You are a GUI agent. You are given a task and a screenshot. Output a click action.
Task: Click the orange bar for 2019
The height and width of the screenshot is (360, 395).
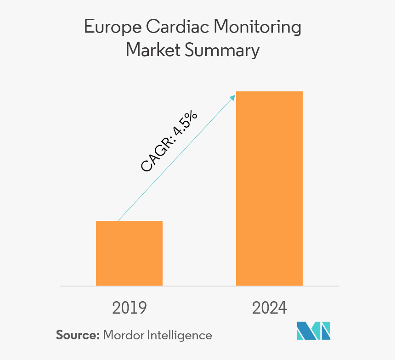pos(129,253)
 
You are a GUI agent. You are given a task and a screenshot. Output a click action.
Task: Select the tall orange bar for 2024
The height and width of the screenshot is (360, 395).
pos(269,188)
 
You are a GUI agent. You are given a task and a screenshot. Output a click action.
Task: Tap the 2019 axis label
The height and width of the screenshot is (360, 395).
pos(129,308)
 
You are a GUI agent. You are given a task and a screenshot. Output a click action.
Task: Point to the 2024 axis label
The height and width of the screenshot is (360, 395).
pos(269,308)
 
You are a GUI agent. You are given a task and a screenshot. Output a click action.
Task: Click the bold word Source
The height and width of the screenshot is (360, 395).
pos(78,335)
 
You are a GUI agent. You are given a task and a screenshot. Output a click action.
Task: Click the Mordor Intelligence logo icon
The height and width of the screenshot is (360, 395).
pos(314,331)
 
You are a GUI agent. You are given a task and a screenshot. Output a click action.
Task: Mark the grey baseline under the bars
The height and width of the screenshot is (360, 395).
pos(199,286)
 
